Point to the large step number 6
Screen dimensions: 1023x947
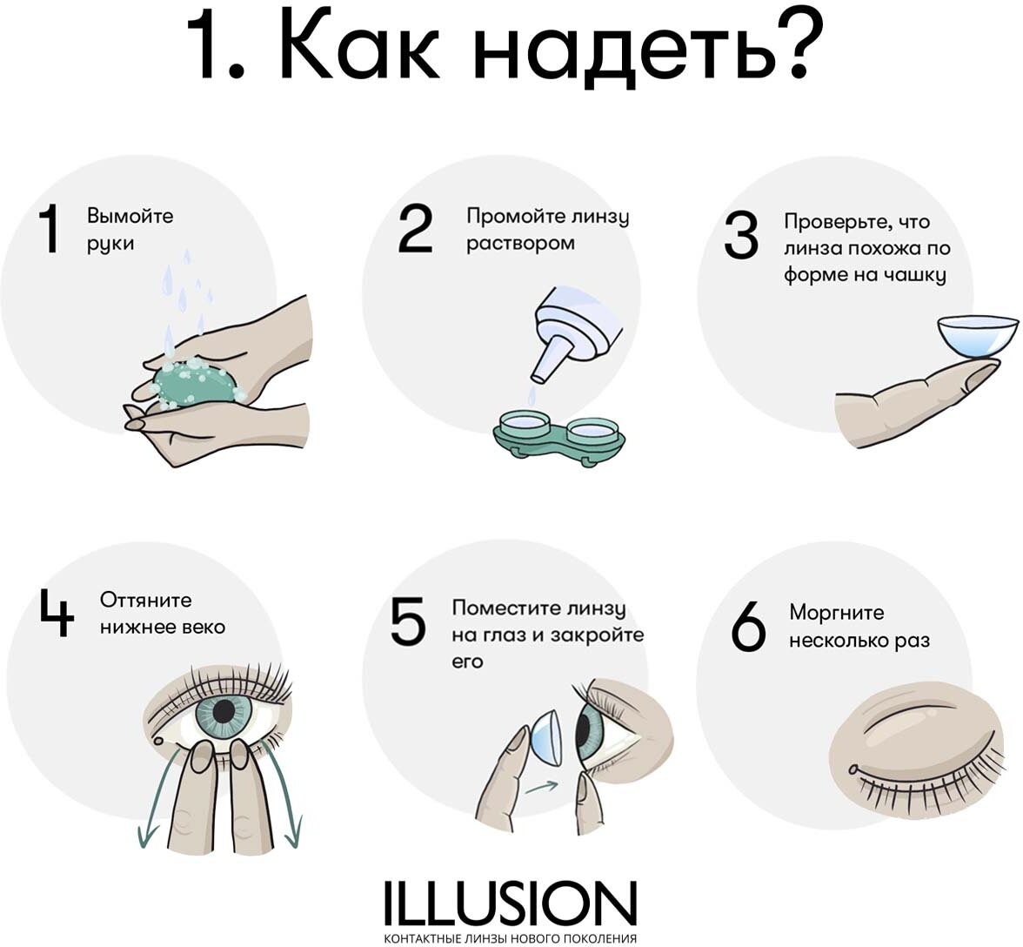point(748,626)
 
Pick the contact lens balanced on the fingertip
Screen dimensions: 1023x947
point(978,335)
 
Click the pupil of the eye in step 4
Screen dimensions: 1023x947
point(224,711)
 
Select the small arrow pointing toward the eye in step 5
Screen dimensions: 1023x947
point(541,787)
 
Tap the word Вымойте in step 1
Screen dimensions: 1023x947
point(130,216)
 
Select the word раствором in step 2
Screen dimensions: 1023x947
point(520,245)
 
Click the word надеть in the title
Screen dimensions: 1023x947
point(617,48)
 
